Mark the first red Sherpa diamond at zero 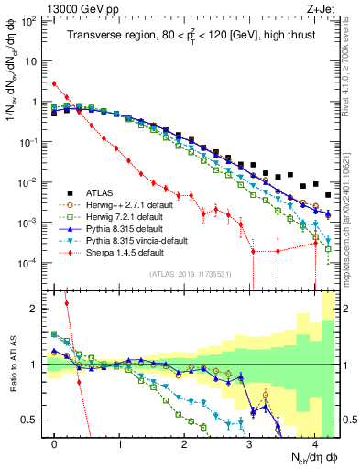click(55, 83)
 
